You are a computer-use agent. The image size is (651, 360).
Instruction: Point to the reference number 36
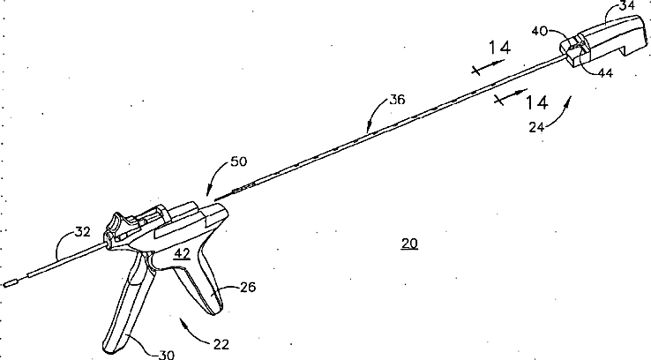[397, 101]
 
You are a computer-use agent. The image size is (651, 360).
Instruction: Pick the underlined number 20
[409, 244]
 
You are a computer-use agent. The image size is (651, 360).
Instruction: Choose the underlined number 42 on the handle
[181, 253]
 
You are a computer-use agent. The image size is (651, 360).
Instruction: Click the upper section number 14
[499, 48]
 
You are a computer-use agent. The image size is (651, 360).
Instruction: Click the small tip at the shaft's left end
[11, 283]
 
